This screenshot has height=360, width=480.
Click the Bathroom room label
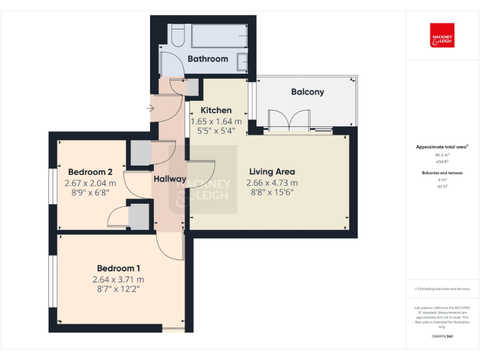208,59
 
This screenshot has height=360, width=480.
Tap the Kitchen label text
216,110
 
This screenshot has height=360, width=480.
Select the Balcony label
307,92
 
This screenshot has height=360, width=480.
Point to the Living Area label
272,172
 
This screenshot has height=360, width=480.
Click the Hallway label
169,179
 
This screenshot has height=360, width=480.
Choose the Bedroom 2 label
90,172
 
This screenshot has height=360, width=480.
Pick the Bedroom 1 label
117,268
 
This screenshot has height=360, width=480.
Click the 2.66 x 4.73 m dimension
272,182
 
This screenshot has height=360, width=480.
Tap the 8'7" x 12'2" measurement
117,289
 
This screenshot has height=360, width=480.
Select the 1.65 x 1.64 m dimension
216,121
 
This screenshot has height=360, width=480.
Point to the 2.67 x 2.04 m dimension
90,183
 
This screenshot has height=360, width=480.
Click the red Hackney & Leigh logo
442,36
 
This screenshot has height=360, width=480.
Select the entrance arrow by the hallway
150,109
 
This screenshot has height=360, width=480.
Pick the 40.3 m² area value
442,155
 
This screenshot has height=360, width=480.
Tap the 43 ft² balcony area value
442,186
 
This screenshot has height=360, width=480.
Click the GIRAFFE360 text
442,337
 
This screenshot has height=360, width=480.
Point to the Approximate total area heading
441,147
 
